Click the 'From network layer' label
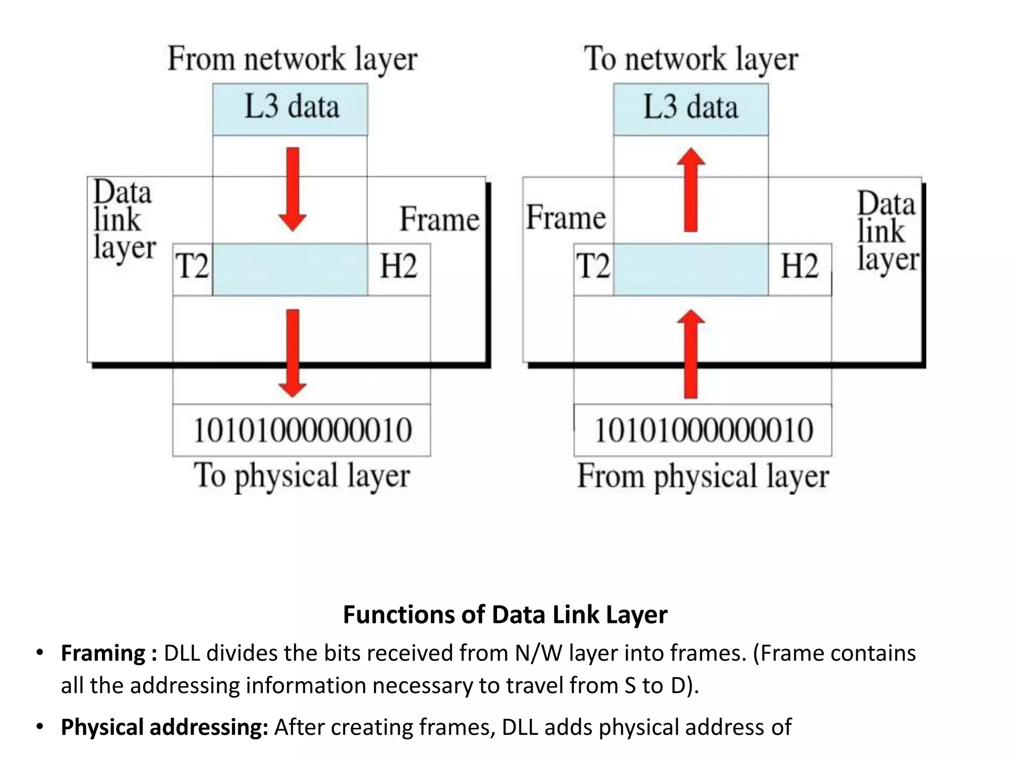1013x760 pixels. click(292, 59)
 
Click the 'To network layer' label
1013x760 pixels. click(691, 59)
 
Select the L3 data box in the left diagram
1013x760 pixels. click(290, 109)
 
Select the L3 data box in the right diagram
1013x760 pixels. click(691, 109)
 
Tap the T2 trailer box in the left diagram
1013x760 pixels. click(192, 269)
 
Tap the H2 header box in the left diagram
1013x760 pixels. click(398, 269)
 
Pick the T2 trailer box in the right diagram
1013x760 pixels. click(593, 269)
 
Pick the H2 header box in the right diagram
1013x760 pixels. click(799, 269)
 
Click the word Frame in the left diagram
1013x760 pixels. click(439, 219)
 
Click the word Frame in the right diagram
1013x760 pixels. click(565, 218)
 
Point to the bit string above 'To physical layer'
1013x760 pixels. click(302, 430)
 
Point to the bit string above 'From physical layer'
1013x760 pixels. click(703, 430)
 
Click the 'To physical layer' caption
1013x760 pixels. click(302, 476)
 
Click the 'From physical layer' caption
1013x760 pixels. click(703, 476)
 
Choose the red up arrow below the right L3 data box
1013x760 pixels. click(691, 190)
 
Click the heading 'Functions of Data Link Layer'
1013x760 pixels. click(505, 615)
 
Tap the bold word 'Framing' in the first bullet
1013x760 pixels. click(103, 653)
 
